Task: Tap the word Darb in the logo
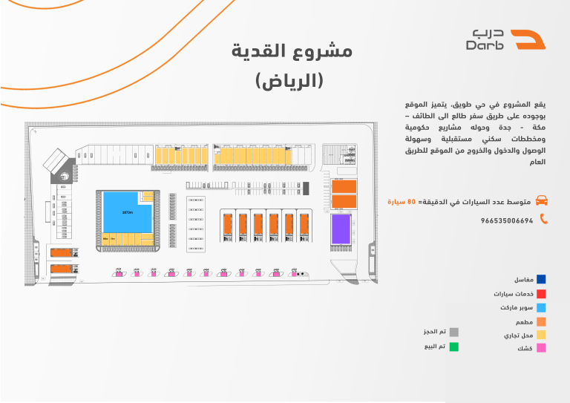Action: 486,46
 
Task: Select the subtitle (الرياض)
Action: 290,80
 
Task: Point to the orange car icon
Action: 543,200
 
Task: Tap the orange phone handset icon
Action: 543,219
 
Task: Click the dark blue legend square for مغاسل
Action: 542,279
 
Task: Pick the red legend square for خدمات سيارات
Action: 542,293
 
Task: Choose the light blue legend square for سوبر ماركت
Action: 542,307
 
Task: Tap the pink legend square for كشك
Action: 542,347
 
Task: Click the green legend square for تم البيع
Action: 454,346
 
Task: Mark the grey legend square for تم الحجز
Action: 454,332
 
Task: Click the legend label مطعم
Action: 524,322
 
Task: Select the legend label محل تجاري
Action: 518,335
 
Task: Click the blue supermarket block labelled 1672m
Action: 128,212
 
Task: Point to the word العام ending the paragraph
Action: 537,162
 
